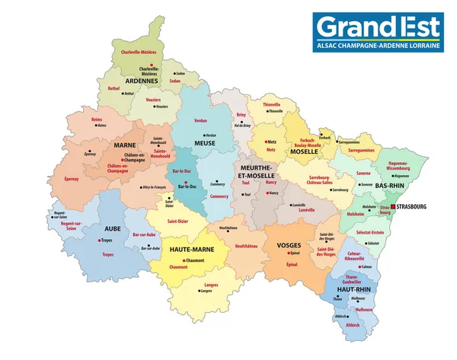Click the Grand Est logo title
[x=379, y=27]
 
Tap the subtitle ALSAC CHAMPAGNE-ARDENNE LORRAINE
[x=379, y=46]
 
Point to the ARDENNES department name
[x=141, y=81]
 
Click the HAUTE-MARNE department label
[x=191, y=249]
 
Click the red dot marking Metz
[x=264, y=142]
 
